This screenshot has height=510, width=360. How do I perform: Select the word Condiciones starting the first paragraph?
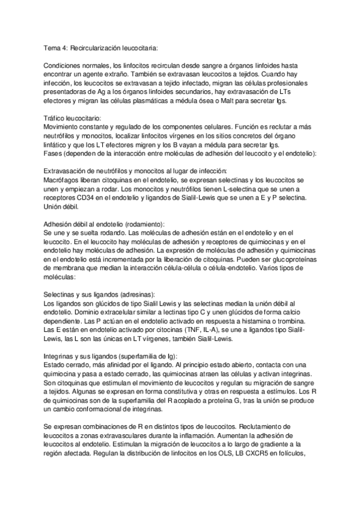click(63, 64)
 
